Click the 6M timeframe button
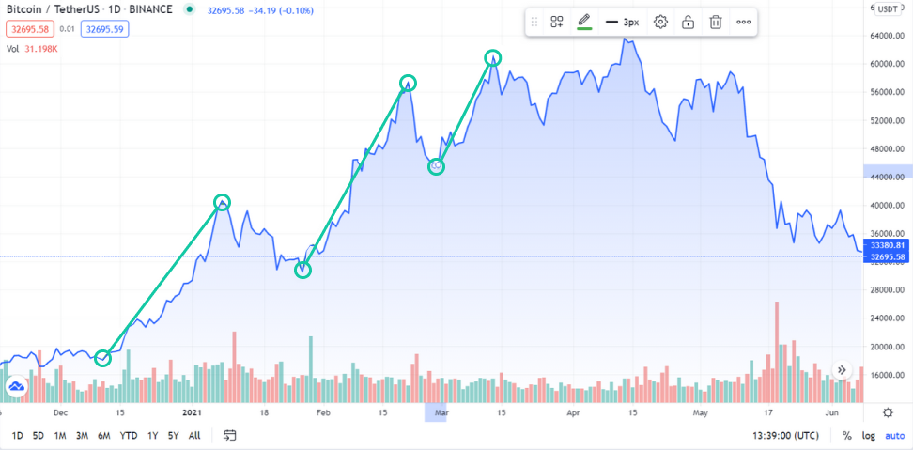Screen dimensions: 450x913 tap(103, 435)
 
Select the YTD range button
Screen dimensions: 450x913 tap(130, 435)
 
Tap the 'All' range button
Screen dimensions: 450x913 tap(194, 435)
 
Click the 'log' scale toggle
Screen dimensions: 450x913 tap(867, 436)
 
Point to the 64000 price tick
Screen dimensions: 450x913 tap(887, 36)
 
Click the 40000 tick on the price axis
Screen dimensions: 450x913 tap(887, 206)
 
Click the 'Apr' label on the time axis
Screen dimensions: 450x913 tap(572, 412)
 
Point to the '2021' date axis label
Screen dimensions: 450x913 tap(192, 412)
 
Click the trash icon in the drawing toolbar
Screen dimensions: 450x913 tap(716, 22)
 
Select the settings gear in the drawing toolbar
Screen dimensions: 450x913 tap(660, 22)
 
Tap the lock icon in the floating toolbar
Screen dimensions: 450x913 tap(689, 22)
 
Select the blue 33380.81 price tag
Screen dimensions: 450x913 tap(888, 246)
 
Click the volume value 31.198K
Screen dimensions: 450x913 tap(40, 49)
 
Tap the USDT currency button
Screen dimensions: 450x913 tap(888, 8)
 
